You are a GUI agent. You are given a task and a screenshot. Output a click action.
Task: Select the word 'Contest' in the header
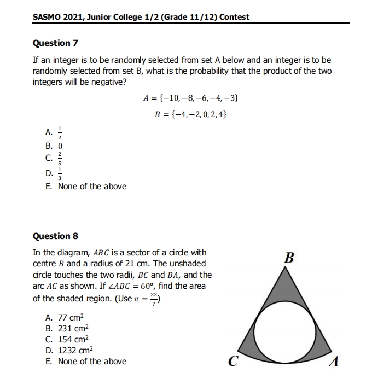coord(234,16)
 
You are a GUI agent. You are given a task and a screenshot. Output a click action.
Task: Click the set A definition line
coord(190,98)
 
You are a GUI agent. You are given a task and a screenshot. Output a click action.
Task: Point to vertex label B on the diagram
coord(289,258)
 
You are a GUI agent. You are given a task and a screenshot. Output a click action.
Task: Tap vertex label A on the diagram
coord(335,362)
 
